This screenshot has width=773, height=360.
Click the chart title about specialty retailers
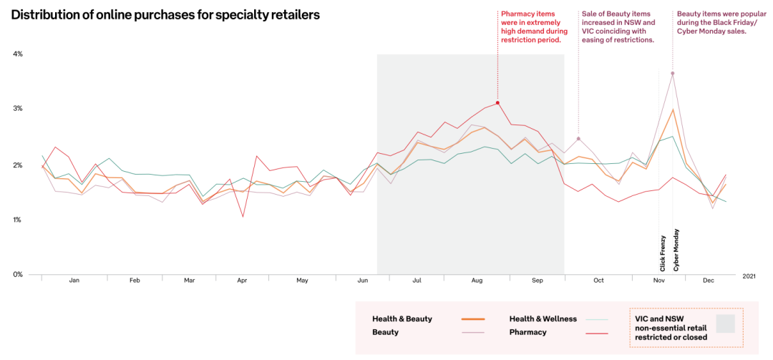click(165, 14)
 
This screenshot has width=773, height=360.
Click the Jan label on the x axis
click(74, 281)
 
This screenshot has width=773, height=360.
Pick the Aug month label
click(477, 281)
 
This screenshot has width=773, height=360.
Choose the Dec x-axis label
click(709, 281)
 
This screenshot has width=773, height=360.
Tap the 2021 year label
click(749, 276)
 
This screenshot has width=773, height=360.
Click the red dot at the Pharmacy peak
click(497, 103)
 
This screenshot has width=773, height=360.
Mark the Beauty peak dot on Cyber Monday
click(672, 73)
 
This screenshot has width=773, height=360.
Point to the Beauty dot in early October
click(578, 138)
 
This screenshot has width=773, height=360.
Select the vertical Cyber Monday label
click(676, 250)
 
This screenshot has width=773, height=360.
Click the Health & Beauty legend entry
click(402, 318)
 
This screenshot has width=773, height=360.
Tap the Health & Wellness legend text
click(543, 318)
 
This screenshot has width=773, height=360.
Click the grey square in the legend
click(726, 323)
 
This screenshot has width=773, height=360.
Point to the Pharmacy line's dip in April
click(243, 216)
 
